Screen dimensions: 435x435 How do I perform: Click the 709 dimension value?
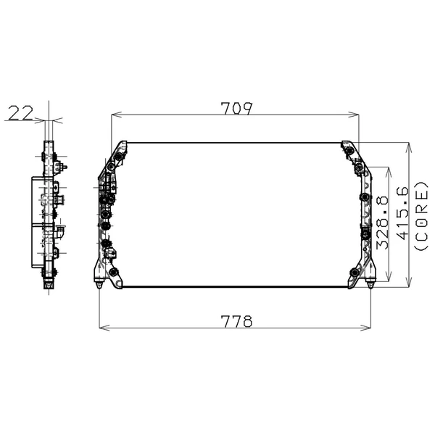236,109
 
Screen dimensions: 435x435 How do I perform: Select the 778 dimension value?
236,321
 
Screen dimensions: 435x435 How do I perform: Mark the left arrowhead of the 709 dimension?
115,115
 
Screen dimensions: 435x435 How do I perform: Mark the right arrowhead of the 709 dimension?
357,115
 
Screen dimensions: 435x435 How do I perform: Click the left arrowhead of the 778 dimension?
101,328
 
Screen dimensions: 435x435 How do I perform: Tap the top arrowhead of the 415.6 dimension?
410,146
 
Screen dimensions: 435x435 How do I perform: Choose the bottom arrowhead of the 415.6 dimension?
410,283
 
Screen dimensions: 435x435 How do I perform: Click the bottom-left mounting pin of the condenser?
99,285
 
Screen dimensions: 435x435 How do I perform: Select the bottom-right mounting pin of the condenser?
371,285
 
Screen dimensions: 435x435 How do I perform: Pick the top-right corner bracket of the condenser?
349,149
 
